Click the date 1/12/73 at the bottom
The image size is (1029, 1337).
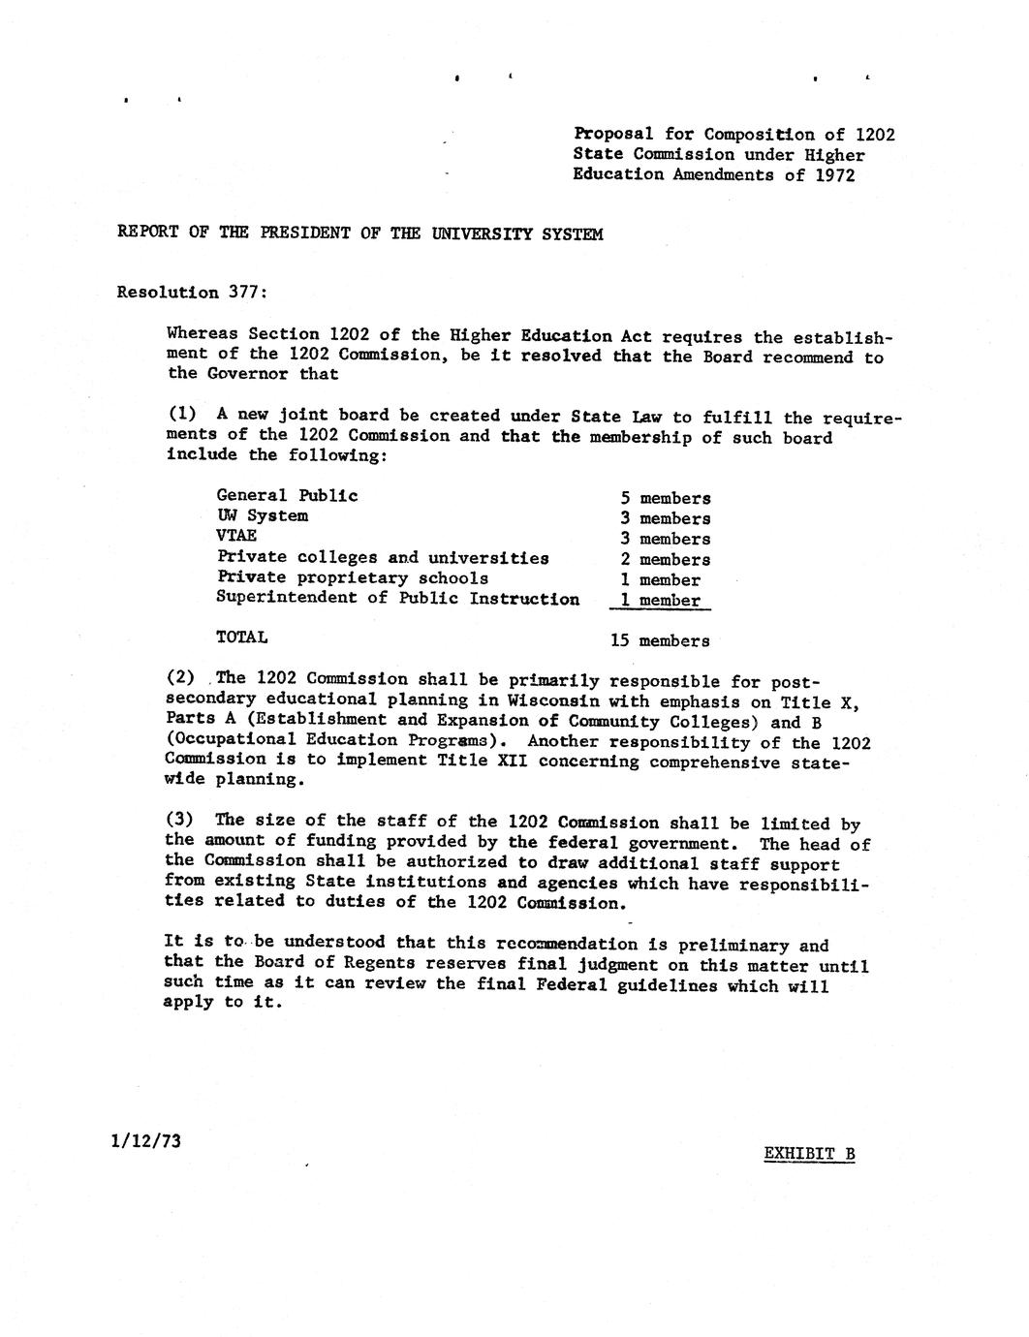tap(146, 1140)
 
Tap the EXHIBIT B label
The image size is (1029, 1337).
tap(809, 1153)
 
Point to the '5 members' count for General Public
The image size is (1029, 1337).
tap(666, 498)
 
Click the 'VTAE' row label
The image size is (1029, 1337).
tap(236, 535)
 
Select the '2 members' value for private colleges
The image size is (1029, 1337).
tap(666, 559)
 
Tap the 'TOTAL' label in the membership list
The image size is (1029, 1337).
tap(241, 637)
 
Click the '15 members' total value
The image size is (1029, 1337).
tap(660, 640)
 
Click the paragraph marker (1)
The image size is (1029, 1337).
tap(182, 415)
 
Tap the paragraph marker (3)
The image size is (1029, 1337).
tap(181, 820)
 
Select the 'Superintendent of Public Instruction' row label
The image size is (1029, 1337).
tap(397, 599)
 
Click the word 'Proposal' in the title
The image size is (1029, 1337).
tap(613, 134)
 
